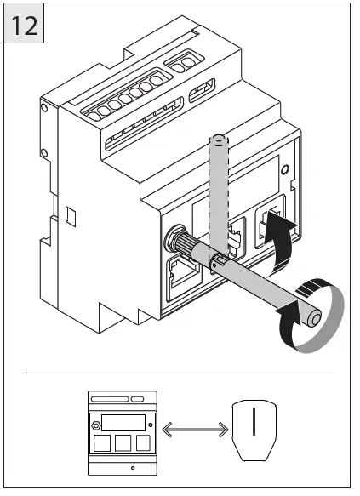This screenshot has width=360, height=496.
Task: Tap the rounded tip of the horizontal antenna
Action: pos(316,318)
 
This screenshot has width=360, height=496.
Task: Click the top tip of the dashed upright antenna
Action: pos(219,137)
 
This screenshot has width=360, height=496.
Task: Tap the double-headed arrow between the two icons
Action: pos(192,425)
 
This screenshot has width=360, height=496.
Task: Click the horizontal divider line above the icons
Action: pos(180,373)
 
